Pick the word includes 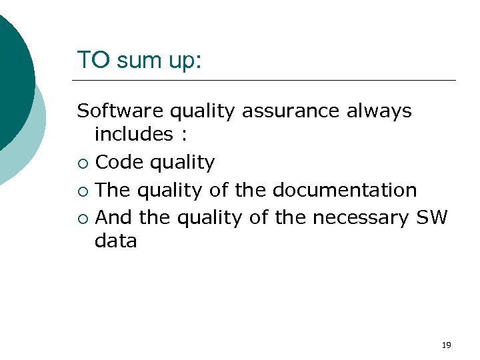[134, 134]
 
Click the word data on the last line [115, 241]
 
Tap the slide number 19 [447, 345]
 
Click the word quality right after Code [183, 163]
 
